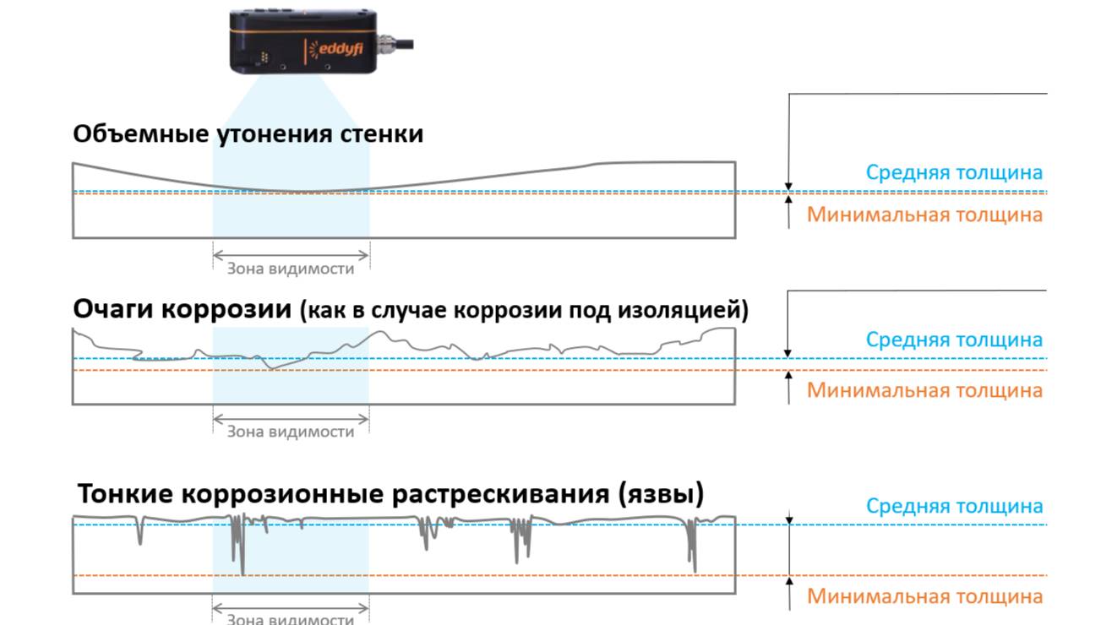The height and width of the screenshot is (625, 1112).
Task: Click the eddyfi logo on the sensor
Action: coord(339,50)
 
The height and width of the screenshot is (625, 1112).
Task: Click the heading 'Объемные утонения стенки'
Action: coord(248,133)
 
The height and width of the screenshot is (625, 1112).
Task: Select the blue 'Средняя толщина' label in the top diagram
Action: coord(954,172)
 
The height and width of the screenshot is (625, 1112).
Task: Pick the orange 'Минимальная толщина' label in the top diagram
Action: coord(924,215)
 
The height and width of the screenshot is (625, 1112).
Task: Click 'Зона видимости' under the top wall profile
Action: coord(290,269)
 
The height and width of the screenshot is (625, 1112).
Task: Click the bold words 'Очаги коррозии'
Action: coord(183,309)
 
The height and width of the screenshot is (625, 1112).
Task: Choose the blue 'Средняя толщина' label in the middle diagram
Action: coord(954,340)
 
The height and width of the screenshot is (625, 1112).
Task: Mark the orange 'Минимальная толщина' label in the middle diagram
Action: coord(924,390)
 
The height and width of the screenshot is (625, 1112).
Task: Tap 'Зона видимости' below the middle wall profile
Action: coord(290,432)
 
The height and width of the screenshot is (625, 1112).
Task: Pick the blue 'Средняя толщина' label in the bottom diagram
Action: coord(954,506)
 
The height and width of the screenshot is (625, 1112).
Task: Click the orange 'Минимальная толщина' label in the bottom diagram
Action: coord(924,596)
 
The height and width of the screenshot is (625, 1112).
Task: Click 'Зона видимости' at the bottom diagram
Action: coord(290,618)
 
